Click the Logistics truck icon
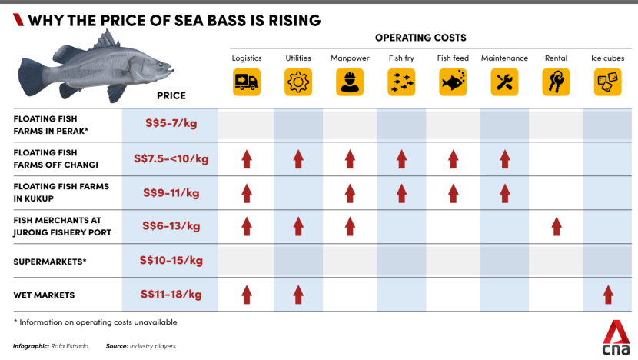(x=247, y=82)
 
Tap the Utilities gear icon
(x=298, y=82)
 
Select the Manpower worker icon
(x=350, y=82)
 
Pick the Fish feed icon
(x=453, y=82)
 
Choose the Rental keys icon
(x=556, y=82)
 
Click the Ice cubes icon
(x=607, y=82)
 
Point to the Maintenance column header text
(x=504, y=58)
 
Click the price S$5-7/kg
(x=171, y=125)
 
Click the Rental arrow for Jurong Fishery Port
(x=557, y=226)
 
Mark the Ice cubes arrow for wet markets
(x=608, y=294)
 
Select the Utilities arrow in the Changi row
(x=298, y=159)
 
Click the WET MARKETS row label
(x=44, y=295)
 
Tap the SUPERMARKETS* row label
(x=50, y=261)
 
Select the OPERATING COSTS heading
(x=420, y=37)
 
